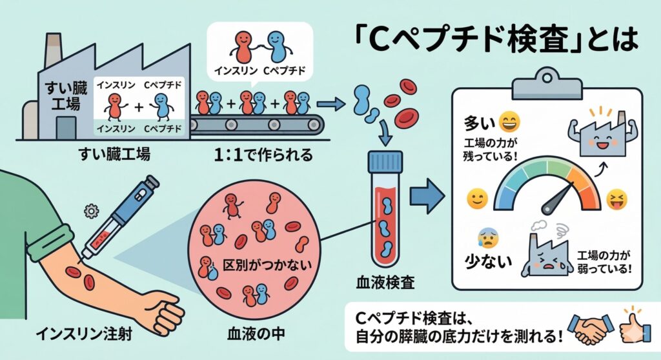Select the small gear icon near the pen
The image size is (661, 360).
click(x=90, y=209)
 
